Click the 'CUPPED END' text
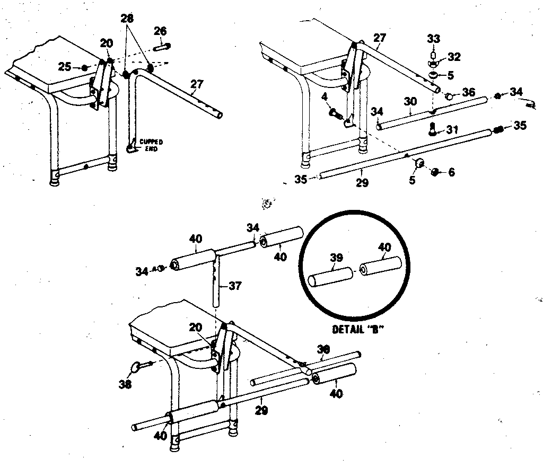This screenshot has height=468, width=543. click(x=150, y=145)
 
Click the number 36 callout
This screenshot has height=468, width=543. click(x=468, y=92)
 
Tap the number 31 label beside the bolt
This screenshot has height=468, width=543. click(x=452, y=129)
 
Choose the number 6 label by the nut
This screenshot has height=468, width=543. click(x=451, y=172)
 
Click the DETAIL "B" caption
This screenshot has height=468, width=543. click(x=358, y=329)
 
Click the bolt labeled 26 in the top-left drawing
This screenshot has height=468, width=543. click(x=161, y=46)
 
